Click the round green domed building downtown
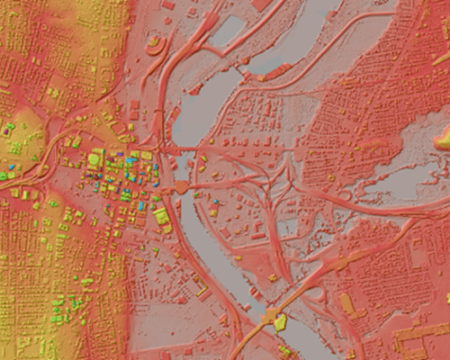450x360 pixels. pos(94,159)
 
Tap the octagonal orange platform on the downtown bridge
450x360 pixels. pos(182,186)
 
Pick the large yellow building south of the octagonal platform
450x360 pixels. pos(162,216)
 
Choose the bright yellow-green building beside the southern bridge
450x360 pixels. pos(281,321)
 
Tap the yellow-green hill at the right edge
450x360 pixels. pos(443,137)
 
